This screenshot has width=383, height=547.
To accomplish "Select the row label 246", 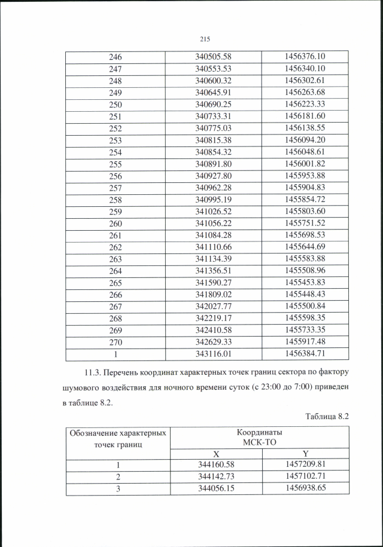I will (x=115, y=57).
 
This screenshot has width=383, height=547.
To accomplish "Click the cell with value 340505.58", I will (x=213, y=57).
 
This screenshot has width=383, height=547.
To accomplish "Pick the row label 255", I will (x=115, y=164).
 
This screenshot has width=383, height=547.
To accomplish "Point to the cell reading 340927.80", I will (x=213, y=176).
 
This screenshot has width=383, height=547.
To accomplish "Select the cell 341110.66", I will (x=213, y=247).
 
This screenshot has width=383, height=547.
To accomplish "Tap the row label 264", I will (x=115, y=270).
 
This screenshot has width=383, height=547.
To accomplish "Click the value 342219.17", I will (x=213, y=318).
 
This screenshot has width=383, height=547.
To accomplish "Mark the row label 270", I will (x=115, y=341).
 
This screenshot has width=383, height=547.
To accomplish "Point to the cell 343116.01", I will (x=213, y=354).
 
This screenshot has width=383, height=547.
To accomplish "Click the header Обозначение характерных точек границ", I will (x=117, y=438).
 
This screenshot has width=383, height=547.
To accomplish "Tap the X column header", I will (x=217, y=453).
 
